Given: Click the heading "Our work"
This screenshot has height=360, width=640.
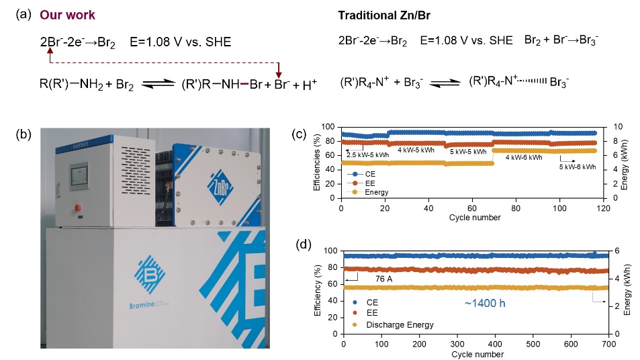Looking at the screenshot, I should pyautogui.click(x=67, y=15).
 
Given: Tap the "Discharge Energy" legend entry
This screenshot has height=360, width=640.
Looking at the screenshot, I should pyautogui.click(x=400, y=325).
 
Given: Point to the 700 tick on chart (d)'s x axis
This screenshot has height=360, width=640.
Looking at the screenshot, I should pyautogui.click(x=608, y=345).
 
